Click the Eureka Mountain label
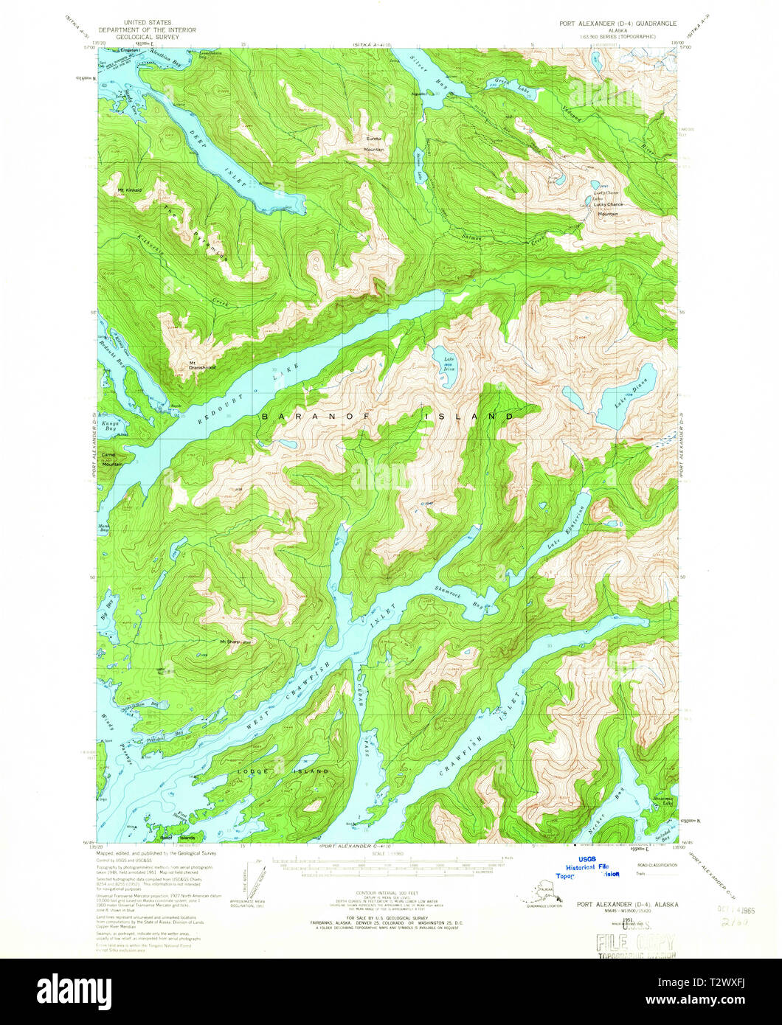[374, 143]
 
